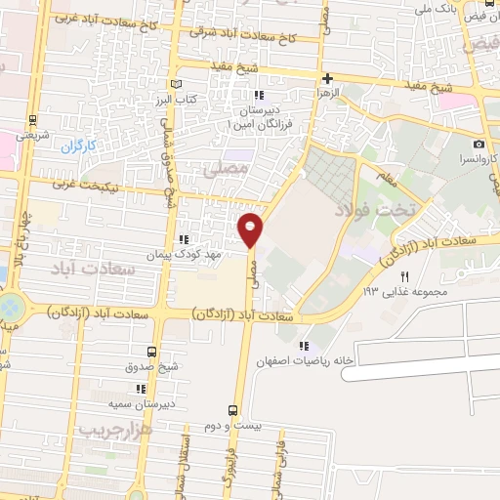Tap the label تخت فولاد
(375, 207)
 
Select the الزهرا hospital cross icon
(327, 78)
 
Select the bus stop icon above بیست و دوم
(232, 410)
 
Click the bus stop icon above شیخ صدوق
(150, 352)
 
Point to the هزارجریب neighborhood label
(110, 430)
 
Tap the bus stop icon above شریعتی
(34, 121)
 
